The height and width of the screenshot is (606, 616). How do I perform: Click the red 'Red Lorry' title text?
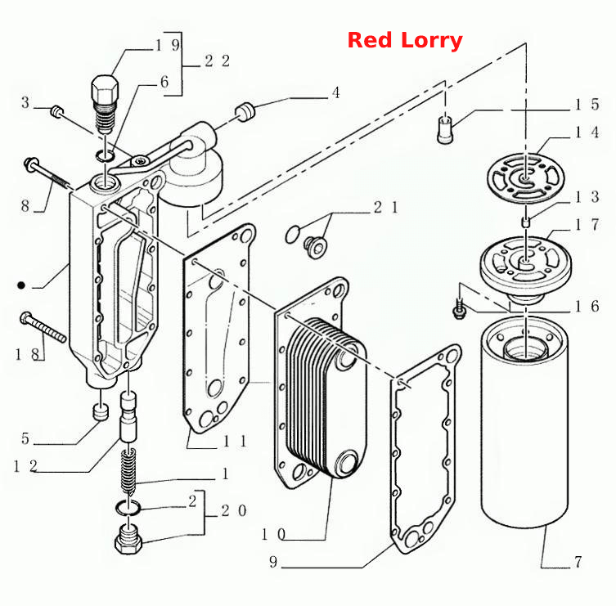[x=405, y=40]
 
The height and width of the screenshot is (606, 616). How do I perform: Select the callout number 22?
[x=218, y=61]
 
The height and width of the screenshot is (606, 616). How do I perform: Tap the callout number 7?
[x=578, y=562]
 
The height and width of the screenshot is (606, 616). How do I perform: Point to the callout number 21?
[x=386, y=207]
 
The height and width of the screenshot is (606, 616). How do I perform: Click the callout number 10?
[x=273, y=534]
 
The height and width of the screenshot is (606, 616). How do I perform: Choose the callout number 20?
[x=234, y=510]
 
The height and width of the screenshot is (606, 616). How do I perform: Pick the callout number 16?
[x=587, y=307]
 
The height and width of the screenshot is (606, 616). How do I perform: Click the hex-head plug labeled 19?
[x=105, y=104]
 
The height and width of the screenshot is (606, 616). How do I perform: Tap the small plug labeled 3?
[x=57, y=111]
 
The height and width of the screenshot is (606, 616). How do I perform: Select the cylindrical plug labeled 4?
[x=245, y=111]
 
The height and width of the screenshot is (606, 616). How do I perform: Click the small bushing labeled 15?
[x=445, y=129]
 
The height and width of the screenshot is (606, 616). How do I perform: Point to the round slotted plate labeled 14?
[x=526, y=178]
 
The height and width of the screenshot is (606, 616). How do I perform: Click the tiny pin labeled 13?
[x=526, y=222]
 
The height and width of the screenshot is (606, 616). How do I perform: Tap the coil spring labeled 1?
[x=128, y=470]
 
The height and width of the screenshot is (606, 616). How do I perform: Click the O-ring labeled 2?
[x=128, y=508]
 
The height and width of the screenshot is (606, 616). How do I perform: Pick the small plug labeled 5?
[x=101, y=411]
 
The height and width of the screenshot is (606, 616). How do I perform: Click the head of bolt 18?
[x=26, y=318]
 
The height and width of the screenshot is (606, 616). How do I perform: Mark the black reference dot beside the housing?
[x=21, y=285]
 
